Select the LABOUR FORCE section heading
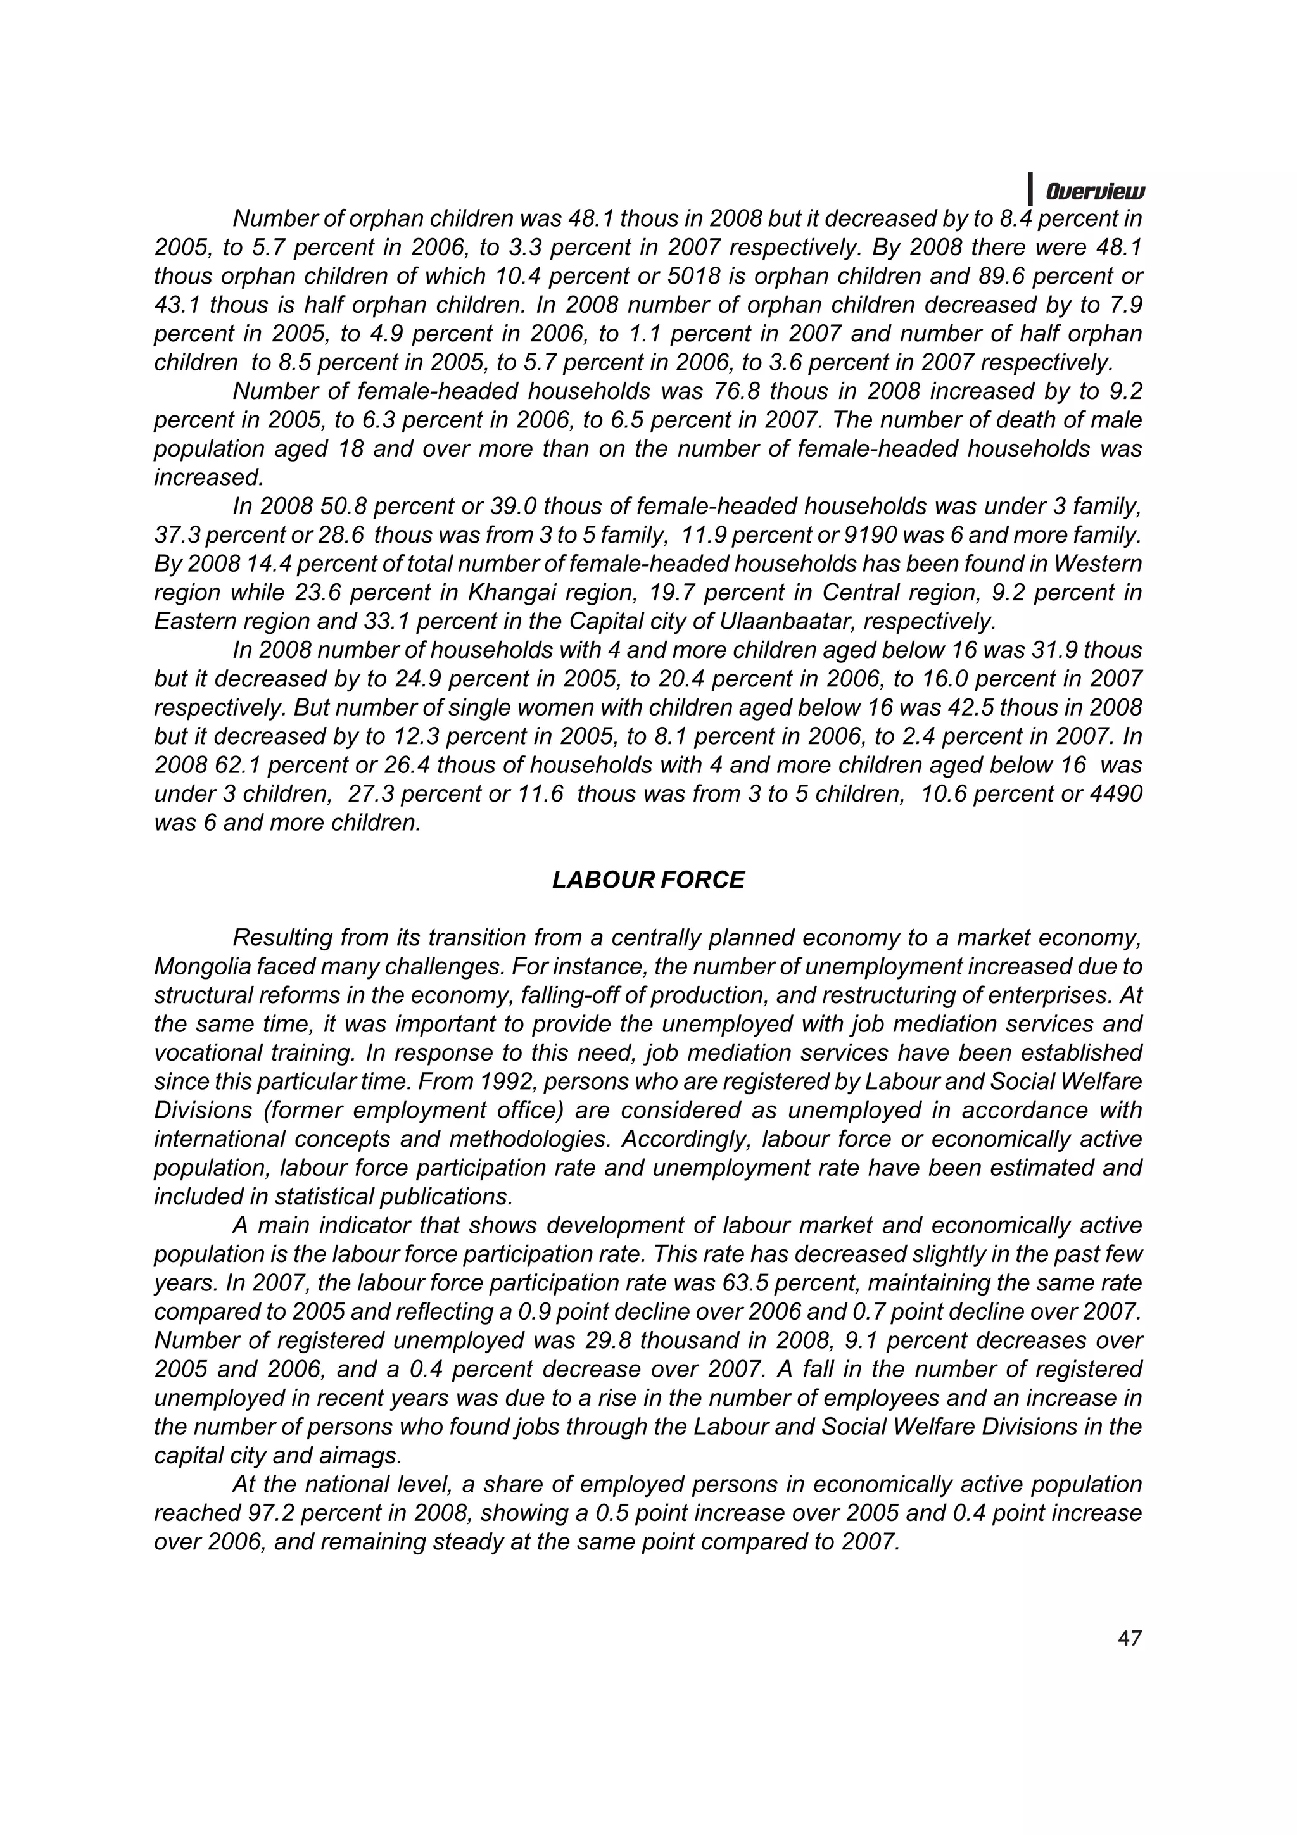click(648, 880)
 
